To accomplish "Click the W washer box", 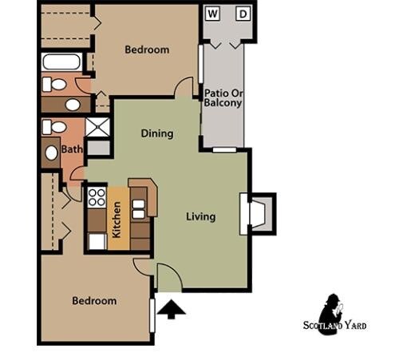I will pyautogui.click(x=213, y=14).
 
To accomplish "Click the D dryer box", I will pyautogui.click(x=243, y=14).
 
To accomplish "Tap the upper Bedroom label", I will pyautogui.click(x=147, y=49).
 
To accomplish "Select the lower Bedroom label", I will pyautogui.click(x=94, y=301).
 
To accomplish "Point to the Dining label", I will pyautogui.click(x=157, y=133).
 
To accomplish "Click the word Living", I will pyautogui.click(x=201, y=216).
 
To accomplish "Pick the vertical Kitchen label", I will pyautogui.click(x=117, y=220).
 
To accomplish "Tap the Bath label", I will pyautogui.click(x=72, y=148).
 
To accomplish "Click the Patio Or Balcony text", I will pyautogui.click(x=223, y=97).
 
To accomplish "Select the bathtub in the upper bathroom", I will pyautogui.click(x=61, y=61).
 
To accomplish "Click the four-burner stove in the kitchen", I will pyautogui.click(x=97, y=196).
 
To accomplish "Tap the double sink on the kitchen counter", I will pyautogui.click(x=138, y=209).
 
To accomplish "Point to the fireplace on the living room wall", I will pyautogui.click(x=257, y=214).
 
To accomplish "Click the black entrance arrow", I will pyautogui.click(x=171, y=307).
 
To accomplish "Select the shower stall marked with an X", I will pyautogui.click(x=97, y=127).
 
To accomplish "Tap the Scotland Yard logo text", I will pyautogui.click(x=334, y=325).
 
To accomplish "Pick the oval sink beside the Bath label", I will pyautogui.click(x=52, y=152).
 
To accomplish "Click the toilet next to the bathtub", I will pyautogui.click(x=53, y=84).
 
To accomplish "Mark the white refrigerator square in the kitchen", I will pyautogui.click(x=97, y=240).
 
